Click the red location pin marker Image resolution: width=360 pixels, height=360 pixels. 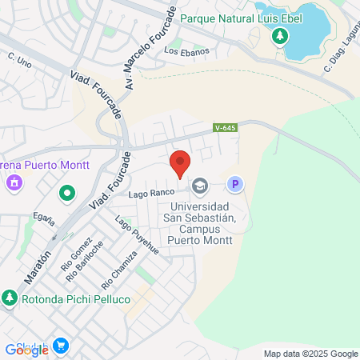[180, 164]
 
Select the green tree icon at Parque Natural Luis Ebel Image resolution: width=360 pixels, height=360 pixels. [279, 36]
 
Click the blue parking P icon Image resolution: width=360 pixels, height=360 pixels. [234, 186]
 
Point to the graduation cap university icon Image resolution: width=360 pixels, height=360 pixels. [199, 186]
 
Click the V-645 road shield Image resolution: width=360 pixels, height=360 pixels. [224, 127]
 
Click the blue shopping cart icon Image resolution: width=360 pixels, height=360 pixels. [61, 346]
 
